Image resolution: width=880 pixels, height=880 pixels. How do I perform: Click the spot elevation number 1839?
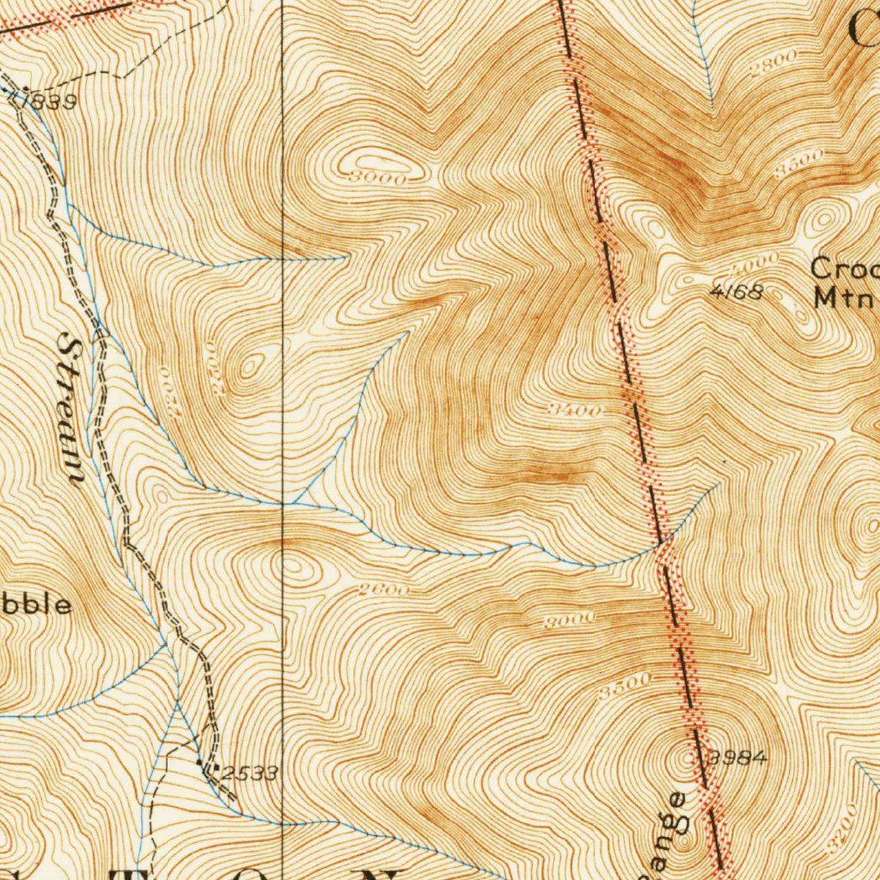pyautogui.click(x=46, y=101)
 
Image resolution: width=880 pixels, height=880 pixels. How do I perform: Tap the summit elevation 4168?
pyautogui.click(x=736, y=292)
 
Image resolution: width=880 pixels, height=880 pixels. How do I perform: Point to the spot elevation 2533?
pyautogui.click(x=249, y=773)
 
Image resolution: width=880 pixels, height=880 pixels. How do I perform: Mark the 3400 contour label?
pyautogui.click(x=575, y=411)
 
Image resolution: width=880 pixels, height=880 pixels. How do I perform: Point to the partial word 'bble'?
pyautogui.click(x=34, y=605)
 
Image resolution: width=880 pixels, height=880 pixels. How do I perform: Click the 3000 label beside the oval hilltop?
pyautogui.click(x=377, y=178)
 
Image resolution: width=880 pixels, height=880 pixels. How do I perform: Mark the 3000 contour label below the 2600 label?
pyautogui.click(x=569, y=620)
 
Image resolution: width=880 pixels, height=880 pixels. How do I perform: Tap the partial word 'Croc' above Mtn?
pyautogui.click(x=846, y=268)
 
